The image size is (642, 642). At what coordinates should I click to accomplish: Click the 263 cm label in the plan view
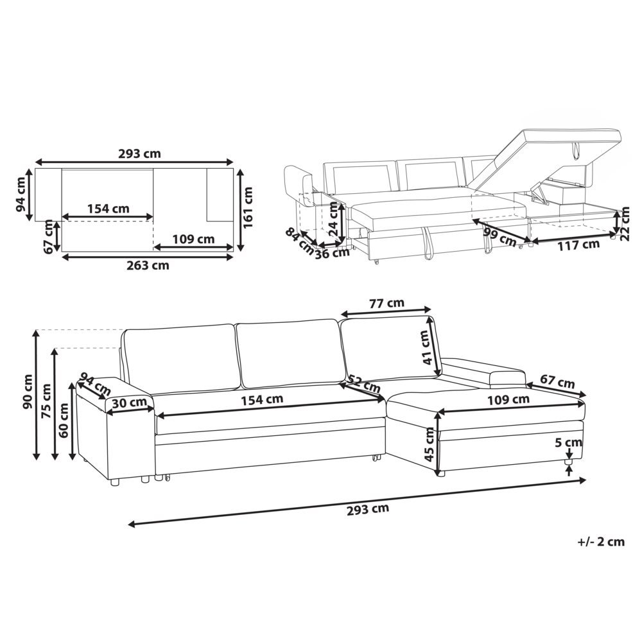[148, 265]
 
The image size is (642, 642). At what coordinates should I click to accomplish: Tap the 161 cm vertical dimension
[248, 207]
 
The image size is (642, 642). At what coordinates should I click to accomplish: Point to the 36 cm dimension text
[332, 253]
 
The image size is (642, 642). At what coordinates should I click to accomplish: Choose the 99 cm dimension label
[499, 238]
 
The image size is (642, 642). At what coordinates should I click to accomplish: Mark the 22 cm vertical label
[625, 224]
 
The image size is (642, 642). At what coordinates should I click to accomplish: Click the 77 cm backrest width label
[386, 304]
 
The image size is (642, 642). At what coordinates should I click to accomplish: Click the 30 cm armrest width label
[130, 403]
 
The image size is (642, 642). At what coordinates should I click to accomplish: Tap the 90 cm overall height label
[28, 392]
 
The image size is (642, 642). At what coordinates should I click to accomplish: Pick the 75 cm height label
[46, 401]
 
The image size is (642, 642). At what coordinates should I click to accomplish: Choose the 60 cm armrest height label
[64, 421]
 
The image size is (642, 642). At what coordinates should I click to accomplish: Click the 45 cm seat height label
[429, 445]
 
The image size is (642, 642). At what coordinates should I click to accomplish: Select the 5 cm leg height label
[568, 442]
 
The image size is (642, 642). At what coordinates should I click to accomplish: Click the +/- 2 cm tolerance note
[601, 542]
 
